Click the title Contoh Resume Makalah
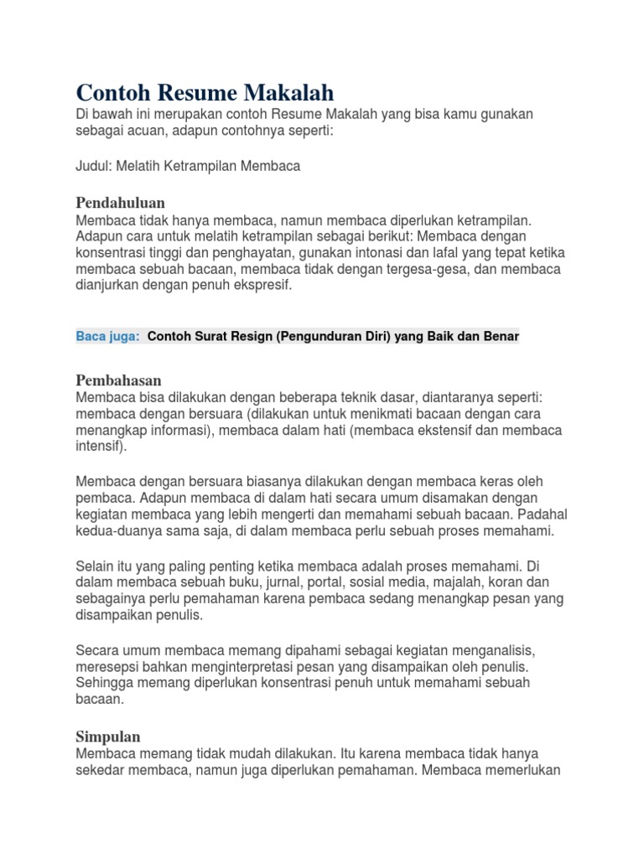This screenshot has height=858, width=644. click(x=205, y=91)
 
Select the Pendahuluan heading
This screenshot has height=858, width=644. click(x=120, y=203)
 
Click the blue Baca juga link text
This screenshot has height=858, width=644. click(x=108, y=336)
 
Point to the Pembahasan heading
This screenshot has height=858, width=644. click(x=118, y=380)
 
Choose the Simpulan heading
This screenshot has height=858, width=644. click(x=108, y=737)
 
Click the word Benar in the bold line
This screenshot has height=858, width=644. click(x=500, y=336)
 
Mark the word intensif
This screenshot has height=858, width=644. click(x=98, y=446)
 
